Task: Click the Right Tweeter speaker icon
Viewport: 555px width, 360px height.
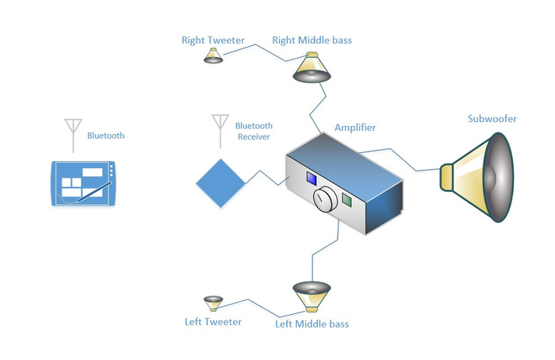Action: (x=212, y=56)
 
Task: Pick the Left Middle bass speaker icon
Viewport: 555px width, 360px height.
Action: (x=311, y=294)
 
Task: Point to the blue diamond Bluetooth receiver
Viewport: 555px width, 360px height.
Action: (x=220, y=183)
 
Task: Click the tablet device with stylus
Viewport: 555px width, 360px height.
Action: (x=82, y=183)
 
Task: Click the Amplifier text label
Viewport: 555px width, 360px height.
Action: (x=355, y=128)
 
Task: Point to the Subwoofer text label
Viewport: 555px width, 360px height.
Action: (x=492, y=119)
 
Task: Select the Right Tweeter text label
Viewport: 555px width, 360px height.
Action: (x=212, y=40)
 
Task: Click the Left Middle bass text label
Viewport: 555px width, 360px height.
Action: (x=312, y=324)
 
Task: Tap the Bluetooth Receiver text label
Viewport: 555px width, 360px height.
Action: (x=254, y=131)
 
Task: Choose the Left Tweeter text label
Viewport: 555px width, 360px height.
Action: (x=212, y=321)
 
